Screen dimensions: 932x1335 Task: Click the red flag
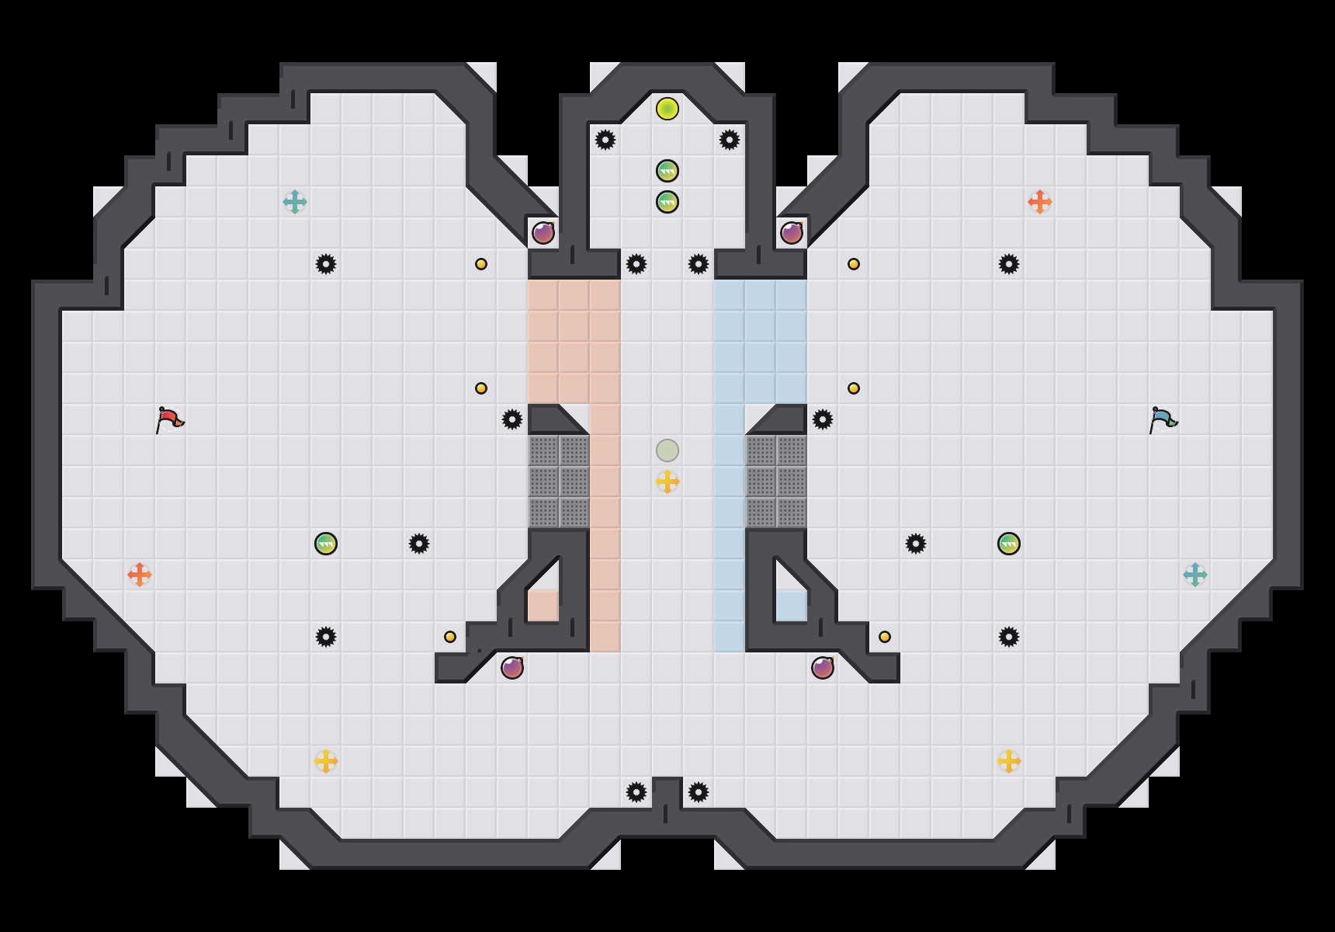pyautogui.click(x=169, y=419)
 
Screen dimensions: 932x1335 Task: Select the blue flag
pyautogui.click(x=1163, y=419)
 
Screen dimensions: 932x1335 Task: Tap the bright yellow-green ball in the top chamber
pyautogui.click(x=667, y=109)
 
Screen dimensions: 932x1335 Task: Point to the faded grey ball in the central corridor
pyautogui.click(x=667, y=450)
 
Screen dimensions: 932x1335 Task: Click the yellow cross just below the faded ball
pyautogui.click(x=667, y=482)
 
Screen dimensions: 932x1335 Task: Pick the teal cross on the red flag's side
pyautogui.click(x=295, y=202)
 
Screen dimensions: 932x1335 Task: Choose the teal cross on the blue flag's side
pyautogui.click(x=1195, y=575)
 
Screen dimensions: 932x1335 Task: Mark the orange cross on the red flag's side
pyautogui.click(x=140, y=575)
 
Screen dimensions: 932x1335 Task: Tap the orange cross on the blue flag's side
pyautogui.click(x=1040, y=202)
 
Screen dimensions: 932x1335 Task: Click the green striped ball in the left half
pyautogui.click(x=326, y=544)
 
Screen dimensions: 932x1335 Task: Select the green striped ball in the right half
pyautogui.click(x=1009, y=544)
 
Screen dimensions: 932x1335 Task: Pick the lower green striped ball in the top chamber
pyautogui.click(x=667, y=202)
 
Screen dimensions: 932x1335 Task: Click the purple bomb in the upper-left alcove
pyautogui.click(x=543, y=233)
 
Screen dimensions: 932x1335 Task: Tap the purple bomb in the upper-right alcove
pyautogui.click(x=792, y=233)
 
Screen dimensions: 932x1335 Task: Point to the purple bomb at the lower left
pyautogui.click(x=512, y=668)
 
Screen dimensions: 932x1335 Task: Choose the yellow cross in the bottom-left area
pyautogui.click(x=326, y=761)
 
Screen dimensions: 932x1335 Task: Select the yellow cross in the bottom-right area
pyautogui.click(x=1009, y=761)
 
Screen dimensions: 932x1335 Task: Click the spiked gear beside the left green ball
pyautogui.click(x=419, y=544)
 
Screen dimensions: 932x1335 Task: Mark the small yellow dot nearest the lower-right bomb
pyautogui.click(x=885, y=637)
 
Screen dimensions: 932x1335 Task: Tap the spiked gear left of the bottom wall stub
pyautogui.click(x=636, y=792)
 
